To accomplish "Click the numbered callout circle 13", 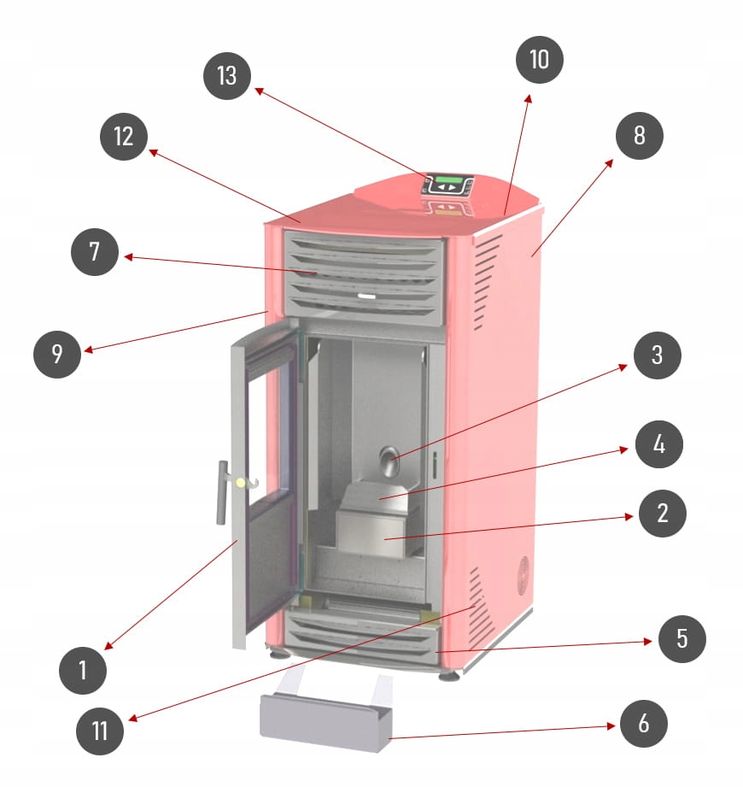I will (x=226, y=75).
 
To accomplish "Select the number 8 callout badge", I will (x=638, y=135).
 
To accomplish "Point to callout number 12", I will (x=124, y=136).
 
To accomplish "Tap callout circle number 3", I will (x=657, y=355).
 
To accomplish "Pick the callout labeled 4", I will (x=657, y=444).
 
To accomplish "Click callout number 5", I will (x=682, y=638).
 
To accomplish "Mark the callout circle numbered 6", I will (x=643, y=725).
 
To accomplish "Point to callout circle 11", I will (x=100, y=731).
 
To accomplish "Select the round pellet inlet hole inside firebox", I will (x=389, y=461).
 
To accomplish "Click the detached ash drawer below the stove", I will (x=325, y=720).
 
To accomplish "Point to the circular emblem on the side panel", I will (x=519, y=568).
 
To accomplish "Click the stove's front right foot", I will (x=448, y=675).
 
